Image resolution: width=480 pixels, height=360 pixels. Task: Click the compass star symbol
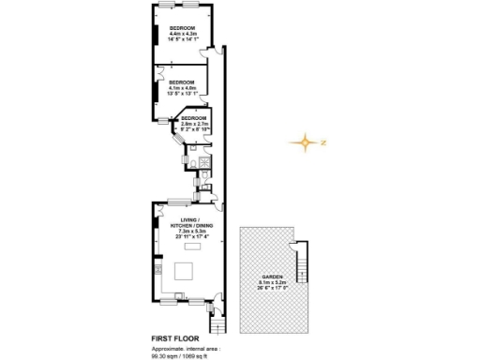pos(303,143)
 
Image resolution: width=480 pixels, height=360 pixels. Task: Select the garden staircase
pos(302,262)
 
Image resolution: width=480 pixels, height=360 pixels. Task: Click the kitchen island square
pos(185,272)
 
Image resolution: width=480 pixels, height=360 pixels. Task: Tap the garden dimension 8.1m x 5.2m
pos(272,284)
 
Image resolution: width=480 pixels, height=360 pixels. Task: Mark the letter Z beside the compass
pos(322,143)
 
